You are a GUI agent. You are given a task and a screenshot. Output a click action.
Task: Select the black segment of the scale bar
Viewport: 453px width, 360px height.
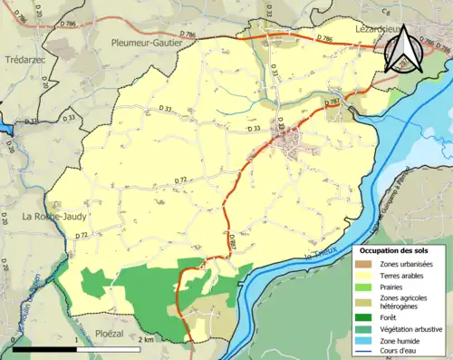click(40, 348)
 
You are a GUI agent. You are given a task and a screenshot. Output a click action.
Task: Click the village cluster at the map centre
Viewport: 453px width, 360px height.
click(291, 140)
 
